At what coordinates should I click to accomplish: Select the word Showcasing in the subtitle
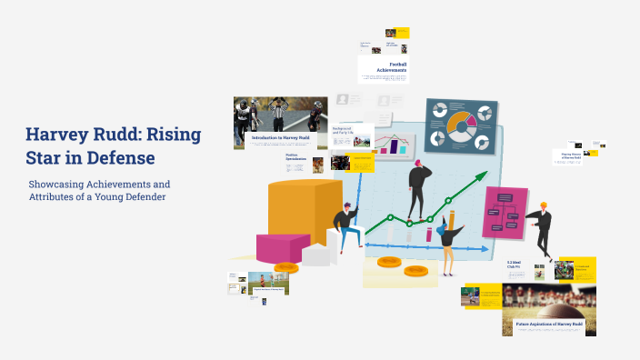click(x=56, y=185)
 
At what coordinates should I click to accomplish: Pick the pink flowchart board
click(x=505, y=211)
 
